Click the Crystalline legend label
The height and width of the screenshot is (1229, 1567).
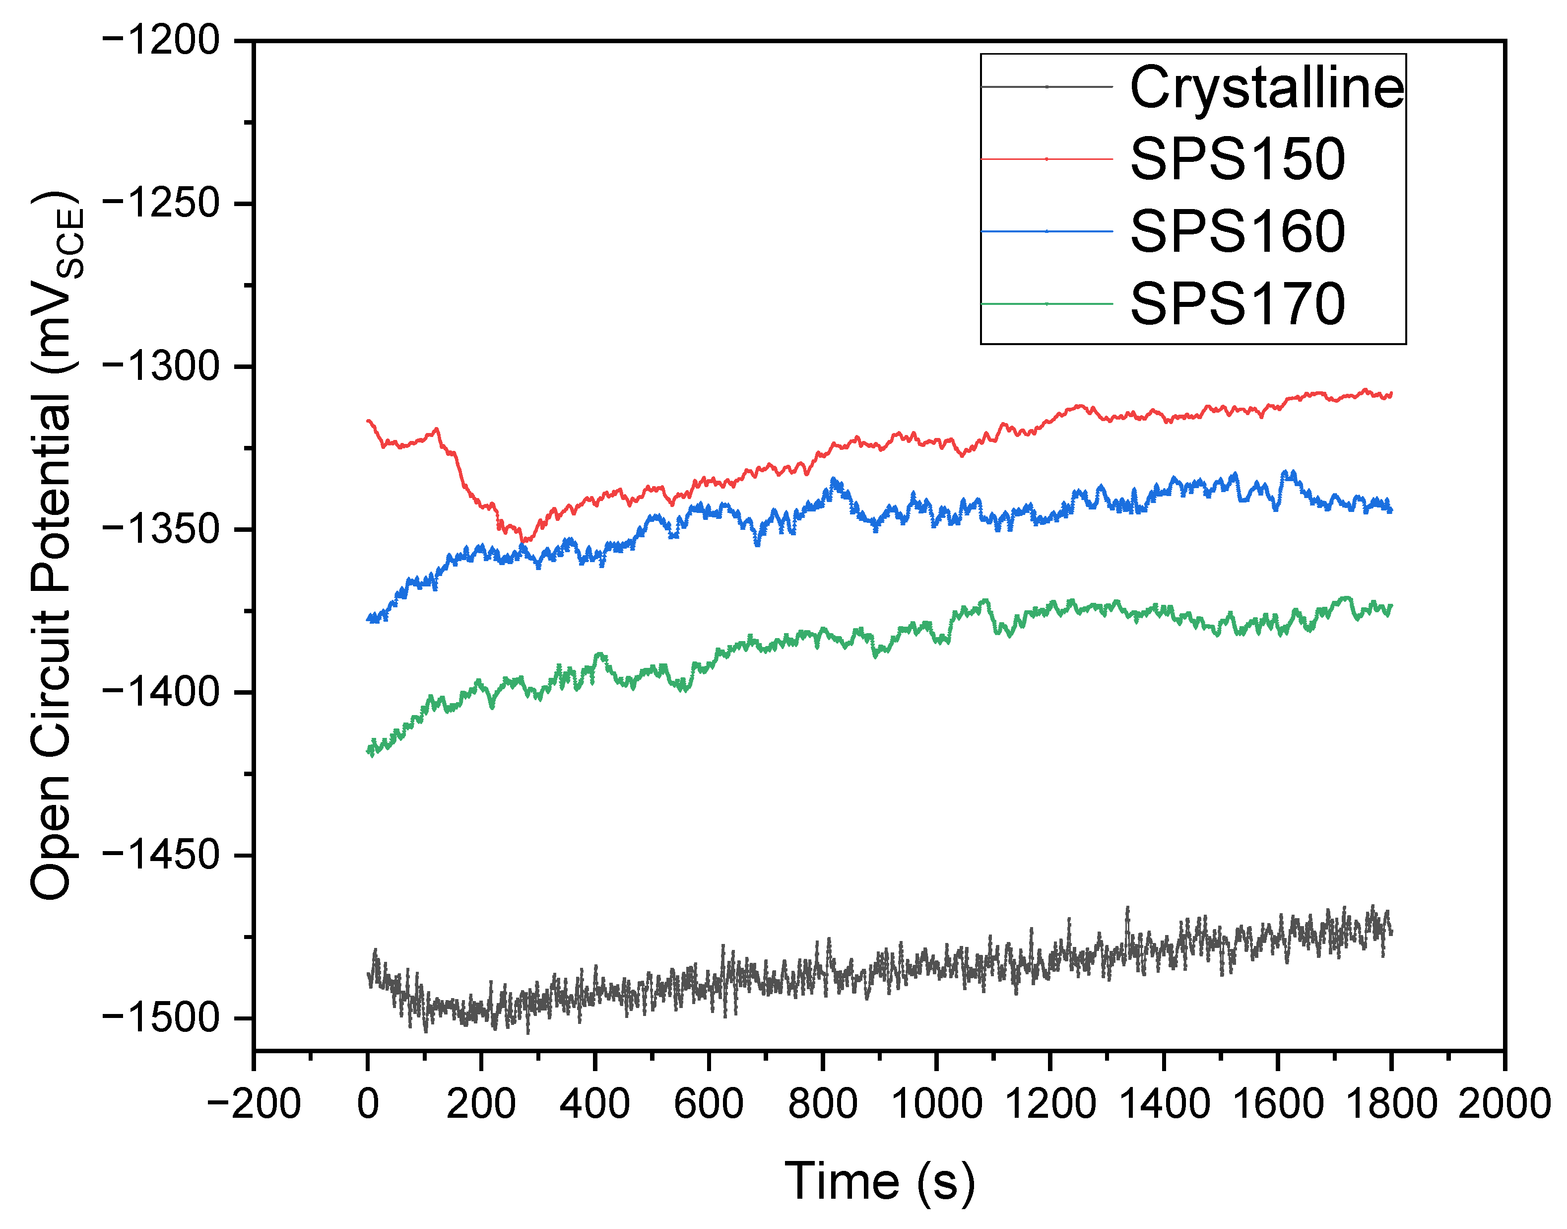1266,88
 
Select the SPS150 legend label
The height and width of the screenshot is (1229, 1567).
1237,159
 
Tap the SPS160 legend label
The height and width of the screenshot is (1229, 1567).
1237,232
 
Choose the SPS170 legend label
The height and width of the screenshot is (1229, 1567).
1237,304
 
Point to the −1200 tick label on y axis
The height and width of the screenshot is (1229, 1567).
161,41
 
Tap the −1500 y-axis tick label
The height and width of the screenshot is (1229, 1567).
161,1018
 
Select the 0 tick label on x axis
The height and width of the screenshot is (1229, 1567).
368,1103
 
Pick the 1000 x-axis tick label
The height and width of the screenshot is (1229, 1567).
936,1103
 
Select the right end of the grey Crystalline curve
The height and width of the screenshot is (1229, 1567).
1391,933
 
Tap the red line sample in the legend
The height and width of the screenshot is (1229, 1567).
1046,159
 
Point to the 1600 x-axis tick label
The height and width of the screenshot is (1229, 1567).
1277,1103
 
